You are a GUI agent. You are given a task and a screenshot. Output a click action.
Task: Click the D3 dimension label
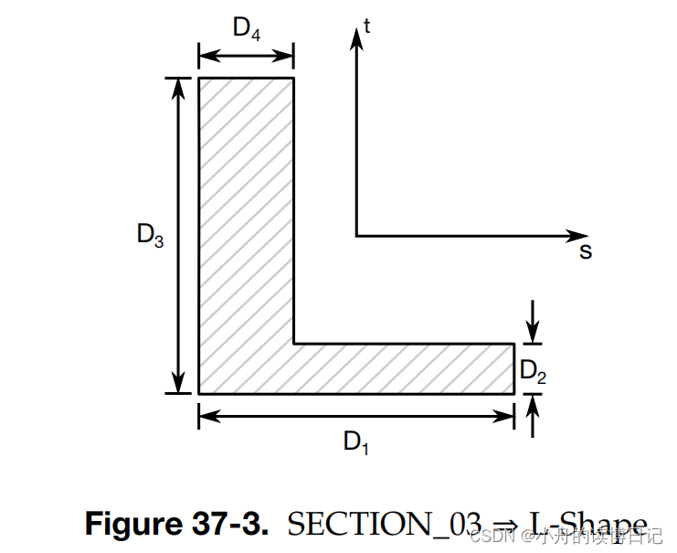point(150,235)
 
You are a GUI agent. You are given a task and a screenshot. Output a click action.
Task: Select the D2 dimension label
point(534,370)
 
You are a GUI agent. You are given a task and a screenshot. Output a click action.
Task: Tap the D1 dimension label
point(356,442)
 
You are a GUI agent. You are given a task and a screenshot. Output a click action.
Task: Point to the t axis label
point(366,27)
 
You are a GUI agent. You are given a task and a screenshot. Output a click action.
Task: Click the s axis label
point(586,250)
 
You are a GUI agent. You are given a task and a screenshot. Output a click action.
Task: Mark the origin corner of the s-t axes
point(356,236)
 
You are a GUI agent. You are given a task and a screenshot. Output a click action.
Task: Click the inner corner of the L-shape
point(294,344)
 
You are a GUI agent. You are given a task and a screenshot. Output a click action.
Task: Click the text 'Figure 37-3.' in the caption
point(177,524)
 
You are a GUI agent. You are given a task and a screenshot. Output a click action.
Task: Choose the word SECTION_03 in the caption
point(384,524)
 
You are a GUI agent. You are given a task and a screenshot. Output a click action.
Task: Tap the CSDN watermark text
point(489,536)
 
